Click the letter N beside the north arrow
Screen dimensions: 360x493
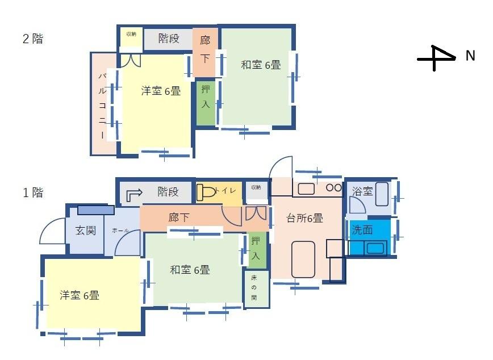pyautogui.click(x=470, y=56)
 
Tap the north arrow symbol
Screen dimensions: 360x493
pyautogui.click(x=437, y=58)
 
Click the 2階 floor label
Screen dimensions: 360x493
pyautogui.click(x=32, y=39)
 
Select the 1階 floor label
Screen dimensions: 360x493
pyautogui.click(x=32, y=192)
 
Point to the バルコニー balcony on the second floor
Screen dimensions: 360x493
pyautogui.click(x=103, y=104)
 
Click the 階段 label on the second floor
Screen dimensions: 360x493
pyautogui.click(x=168, y=39)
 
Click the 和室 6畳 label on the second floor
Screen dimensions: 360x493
pyautogui.click(x=261, y=65)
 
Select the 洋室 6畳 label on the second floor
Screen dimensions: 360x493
pyautogui.click(x=161, y=91)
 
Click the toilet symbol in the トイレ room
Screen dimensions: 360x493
pyautogui.click(x=206, y=191)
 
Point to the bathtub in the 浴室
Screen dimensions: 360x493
pyautogui.click(x=381, y=194)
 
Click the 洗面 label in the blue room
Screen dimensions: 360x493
pyautogui.click(x=362, y=230)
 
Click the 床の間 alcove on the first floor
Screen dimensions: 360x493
pyautogui.click(x=256, y=289)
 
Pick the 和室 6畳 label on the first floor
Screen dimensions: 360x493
pyautogui.click(x=190, y=270)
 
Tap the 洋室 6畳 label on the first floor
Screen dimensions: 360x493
pyautogui.click(x=80, y=295)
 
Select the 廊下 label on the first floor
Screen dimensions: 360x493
pyautogui.click(x=179, y=217)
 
